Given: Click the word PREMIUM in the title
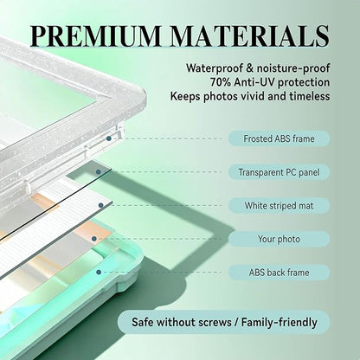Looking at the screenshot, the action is pos(96,35).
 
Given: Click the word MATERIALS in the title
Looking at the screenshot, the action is pos(249,35).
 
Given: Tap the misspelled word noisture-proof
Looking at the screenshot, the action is pos(293,68).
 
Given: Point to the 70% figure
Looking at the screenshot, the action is pos(221,82).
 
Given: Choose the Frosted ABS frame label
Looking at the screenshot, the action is pos(279,138).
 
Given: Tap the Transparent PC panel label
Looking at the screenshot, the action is pos(279,172).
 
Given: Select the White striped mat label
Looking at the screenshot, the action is pos(279,206).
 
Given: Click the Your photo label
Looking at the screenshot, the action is pos(279,239).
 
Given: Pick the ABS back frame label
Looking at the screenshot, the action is pos(279,273).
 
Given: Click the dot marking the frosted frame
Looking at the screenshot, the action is pos(109,138).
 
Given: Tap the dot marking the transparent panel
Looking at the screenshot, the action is pos(99,172).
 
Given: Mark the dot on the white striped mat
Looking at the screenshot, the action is pos(100,205).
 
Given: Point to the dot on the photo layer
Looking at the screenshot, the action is pos(93,239).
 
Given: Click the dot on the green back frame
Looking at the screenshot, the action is pos(99,272).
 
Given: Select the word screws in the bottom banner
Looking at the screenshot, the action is pos(215,322).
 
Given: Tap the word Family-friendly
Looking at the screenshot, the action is pos(280,322).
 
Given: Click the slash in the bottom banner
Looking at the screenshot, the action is pos(236,322).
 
